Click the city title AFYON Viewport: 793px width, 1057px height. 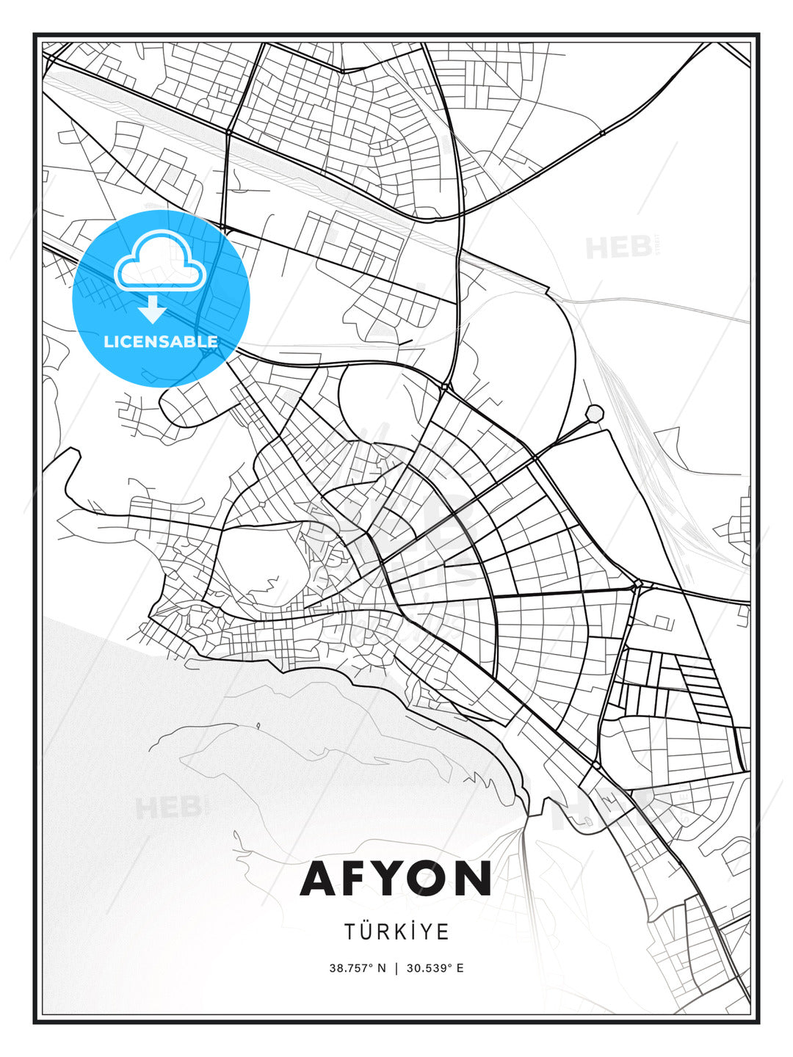(x=396, y=878)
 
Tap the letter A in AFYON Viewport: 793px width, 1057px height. (x=318, y=878)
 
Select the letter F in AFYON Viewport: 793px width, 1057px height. (x=357, y=878)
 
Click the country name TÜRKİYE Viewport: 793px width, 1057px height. (x=396, y=931)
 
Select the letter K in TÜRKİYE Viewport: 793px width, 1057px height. (x=402, y=931)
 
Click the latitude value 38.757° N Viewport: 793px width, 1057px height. (x=357, y=967)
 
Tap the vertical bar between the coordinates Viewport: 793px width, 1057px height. (x=396, y=967)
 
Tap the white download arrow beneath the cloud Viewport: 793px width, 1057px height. (x=153, y=309)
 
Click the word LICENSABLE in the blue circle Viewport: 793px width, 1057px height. (x=161, y=341)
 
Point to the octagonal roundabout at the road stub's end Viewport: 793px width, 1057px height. (x=594, y=413)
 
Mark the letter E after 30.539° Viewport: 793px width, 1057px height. (x=460, y=967)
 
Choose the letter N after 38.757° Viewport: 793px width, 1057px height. (x=381, y=967)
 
